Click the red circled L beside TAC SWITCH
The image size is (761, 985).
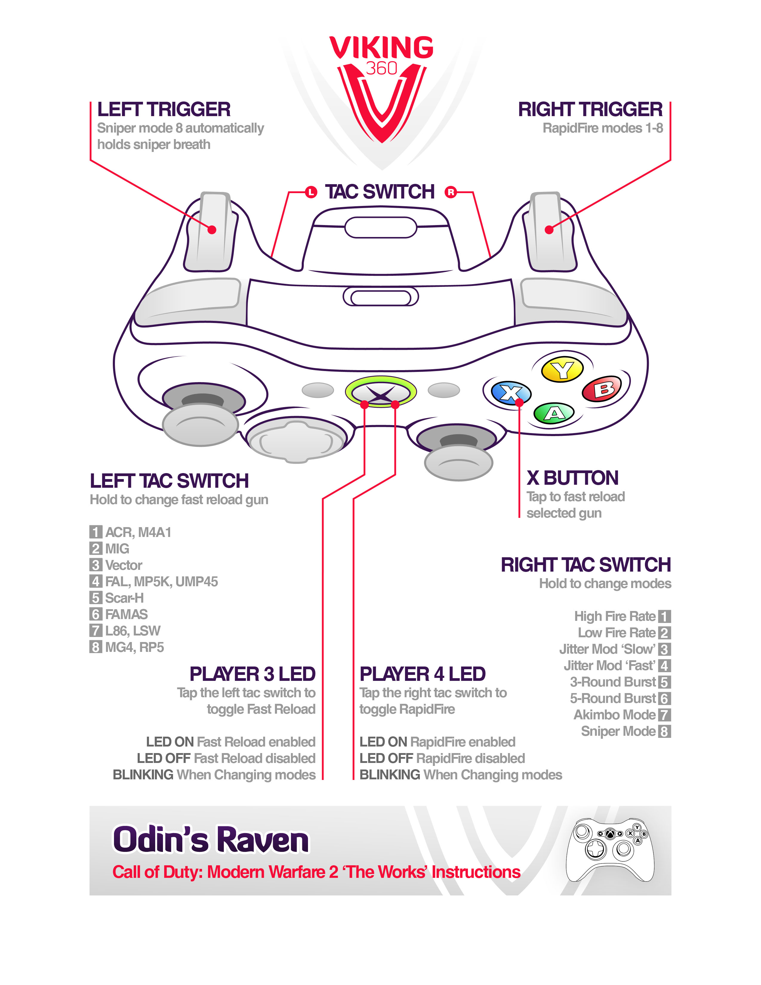(311, 193)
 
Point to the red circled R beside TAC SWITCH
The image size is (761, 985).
(450, 193)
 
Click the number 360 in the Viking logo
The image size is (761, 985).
(381, 69)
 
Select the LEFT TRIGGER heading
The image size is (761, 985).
(164, 110)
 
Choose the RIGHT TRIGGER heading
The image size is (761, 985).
(590, 110)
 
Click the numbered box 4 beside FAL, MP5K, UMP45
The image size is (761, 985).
(95, 581)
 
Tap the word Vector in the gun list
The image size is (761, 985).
(124, 565)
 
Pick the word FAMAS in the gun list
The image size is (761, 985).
(126, 614)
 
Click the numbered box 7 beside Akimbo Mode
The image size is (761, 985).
(664, 715)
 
